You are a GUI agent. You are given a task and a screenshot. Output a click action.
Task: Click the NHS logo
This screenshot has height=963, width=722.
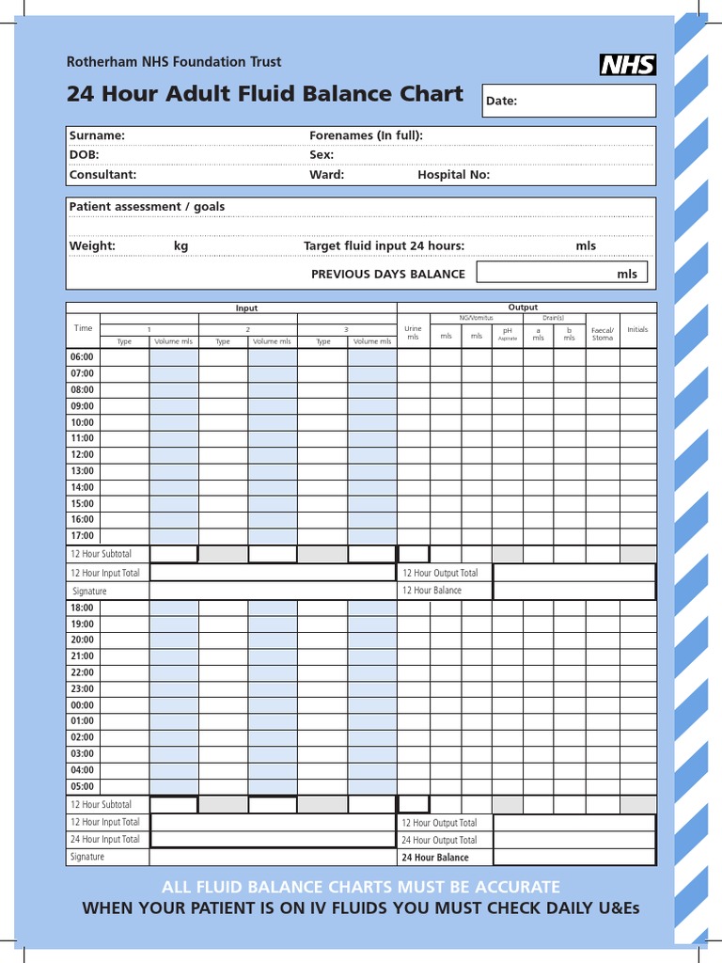pyautogui.click(x=627, y=64)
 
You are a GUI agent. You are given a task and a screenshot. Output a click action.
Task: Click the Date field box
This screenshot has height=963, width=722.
pyautogui.click(x=568, y=101)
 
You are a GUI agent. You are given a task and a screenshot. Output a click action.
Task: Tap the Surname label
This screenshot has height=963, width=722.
pyautogui.click(x=97, y=135)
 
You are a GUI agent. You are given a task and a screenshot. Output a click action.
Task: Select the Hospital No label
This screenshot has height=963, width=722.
pyautogui.click(x=453, y=175)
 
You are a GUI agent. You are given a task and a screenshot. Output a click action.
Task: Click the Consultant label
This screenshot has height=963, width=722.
pyautogui.click(x=102, y=175)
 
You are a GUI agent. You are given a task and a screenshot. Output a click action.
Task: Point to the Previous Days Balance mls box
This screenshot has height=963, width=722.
pyautogui.click(x=561, y=273)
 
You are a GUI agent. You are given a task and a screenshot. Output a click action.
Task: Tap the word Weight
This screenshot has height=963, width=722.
pyautogui.click(x=92, y=246)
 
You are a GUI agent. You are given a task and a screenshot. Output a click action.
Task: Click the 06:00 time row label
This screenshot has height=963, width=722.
pyautogui.click(x=83, y=357)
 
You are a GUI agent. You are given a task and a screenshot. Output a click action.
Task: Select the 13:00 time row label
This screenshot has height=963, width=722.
pyautogui.click(x=83, y=471)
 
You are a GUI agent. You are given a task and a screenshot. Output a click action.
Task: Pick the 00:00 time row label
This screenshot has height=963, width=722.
pyautogui.click(x=83, y=705)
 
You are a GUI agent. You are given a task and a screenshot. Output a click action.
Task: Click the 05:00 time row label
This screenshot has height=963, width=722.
pyautogui.click(x=83, y=787)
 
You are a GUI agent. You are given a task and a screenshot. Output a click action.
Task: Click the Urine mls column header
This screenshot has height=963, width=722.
pyautogui.click(x=413, y=333)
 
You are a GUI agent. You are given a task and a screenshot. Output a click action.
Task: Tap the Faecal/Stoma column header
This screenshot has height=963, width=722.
pyautogui.click(x=602, y=334)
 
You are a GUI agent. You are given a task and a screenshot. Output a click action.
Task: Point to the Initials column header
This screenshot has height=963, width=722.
pyautogui.click(x=637, y=330)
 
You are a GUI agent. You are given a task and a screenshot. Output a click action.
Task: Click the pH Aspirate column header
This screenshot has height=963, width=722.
pyautogui.click(x=508, y=334)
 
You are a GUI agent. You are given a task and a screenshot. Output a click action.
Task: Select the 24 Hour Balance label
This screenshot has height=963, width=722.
pyautogui.click(x=435, y=858)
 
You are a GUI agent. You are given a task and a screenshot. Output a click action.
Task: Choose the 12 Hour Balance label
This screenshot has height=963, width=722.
pyautogui.click(x=432, y=591)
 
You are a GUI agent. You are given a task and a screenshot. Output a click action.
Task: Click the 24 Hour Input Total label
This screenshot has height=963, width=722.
pyautogui.click(x=105, y=840)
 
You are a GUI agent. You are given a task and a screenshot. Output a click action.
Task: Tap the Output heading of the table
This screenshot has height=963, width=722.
pyautogui.click(x=523, y=308)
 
